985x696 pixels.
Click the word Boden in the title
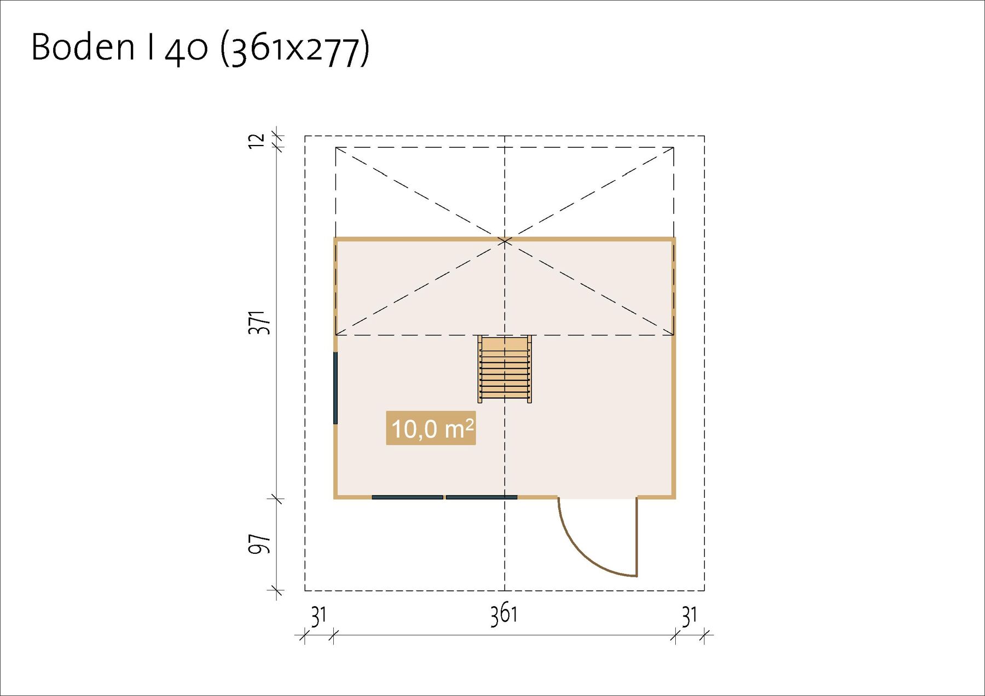(83, 47)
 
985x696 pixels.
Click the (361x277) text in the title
(295, 49)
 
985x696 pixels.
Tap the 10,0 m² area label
(431, 428)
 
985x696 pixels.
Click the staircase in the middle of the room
(505, 369)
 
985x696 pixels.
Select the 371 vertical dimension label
(259, 323)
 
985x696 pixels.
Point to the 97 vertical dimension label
(259, 544)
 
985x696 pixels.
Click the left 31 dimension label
(318, 617)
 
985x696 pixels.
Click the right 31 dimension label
(690, 617)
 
